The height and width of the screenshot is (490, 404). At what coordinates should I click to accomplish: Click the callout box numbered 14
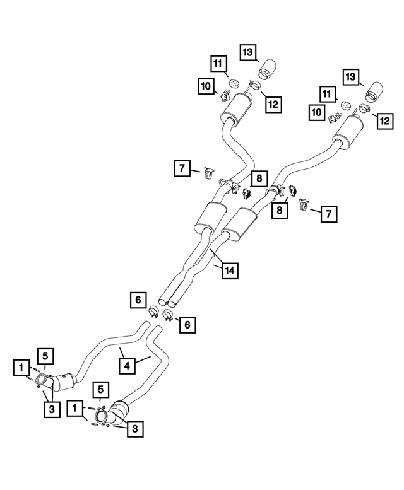pos(230,271)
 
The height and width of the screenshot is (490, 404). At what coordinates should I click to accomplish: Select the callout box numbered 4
pos(127,366)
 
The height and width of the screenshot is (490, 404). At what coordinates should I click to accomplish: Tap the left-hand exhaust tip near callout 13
pos(267,69)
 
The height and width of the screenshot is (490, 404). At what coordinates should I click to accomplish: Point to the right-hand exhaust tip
pos(374,93)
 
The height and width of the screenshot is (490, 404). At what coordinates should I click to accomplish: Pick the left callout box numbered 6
pos(138,300)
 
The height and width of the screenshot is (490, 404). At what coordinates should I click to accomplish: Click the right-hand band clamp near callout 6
pos(168,315)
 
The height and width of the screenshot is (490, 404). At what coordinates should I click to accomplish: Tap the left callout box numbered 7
pos(182,168)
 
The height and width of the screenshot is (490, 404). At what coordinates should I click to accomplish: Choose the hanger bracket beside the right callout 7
pos(304,204)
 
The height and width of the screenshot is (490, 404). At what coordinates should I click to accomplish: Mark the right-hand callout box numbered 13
pos(350,77)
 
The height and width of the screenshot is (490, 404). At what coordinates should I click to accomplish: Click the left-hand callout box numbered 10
pos(206,86)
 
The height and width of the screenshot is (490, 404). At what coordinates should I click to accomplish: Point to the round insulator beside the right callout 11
pos(345,105)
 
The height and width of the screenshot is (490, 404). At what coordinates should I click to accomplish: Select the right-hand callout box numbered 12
pos(385,121)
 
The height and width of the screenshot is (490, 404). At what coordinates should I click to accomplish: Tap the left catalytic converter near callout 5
pos(64,382)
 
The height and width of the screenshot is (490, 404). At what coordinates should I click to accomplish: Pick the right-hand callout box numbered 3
pos(134,428)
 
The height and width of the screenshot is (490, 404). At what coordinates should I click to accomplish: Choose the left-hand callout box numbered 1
pos(21,368)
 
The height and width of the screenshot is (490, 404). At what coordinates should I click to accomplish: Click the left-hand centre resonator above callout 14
pos(210,218)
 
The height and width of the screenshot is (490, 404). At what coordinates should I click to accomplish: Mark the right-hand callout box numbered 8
pos(279,210)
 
